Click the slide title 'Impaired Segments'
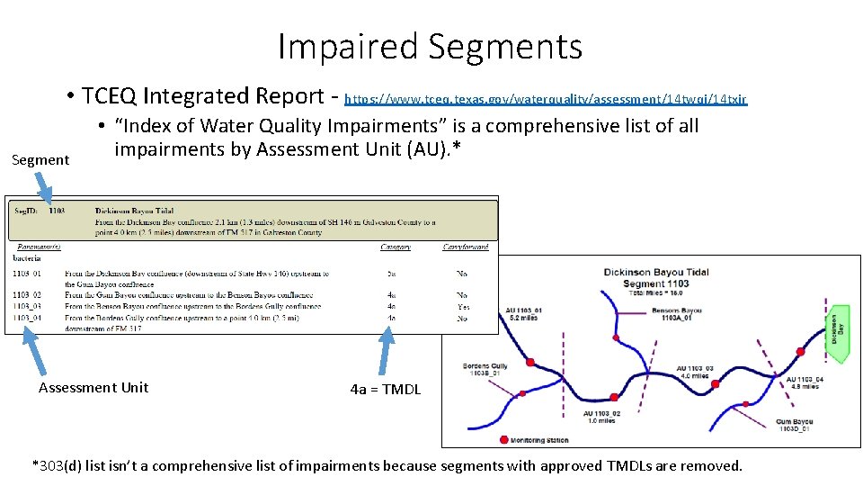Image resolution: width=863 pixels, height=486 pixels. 430,47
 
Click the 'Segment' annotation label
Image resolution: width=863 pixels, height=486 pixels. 40,159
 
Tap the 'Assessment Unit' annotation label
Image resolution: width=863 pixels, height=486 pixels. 93,388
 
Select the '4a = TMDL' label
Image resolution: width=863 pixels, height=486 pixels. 385,390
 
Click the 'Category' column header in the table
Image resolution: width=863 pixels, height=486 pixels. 395,247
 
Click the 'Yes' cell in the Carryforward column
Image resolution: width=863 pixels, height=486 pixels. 463,307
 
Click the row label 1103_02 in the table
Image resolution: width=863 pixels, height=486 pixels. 26,295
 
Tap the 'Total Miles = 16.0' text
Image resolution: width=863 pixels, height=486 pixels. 656,293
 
